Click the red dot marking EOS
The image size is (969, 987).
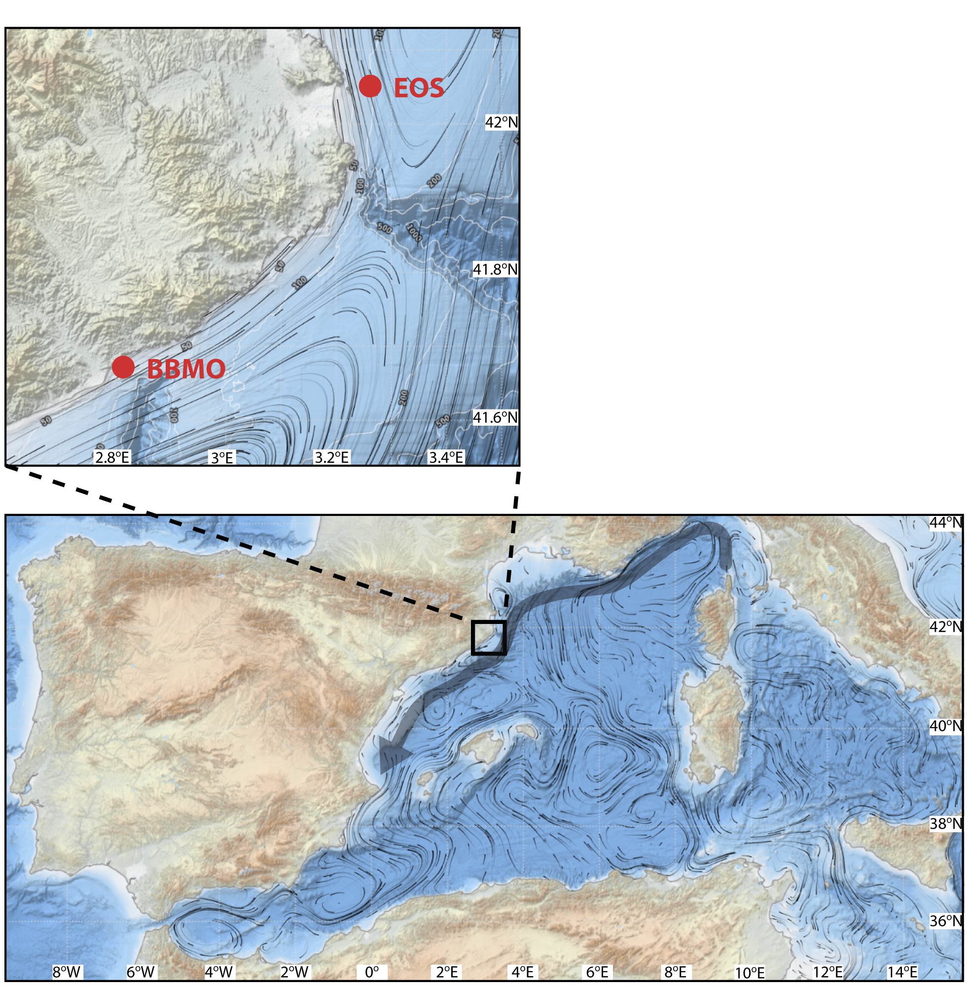(x=370, y=86)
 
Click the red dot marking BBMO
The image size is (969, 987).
(x=123, y=366)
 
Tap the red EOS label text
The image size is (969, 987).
(x=419, y=88)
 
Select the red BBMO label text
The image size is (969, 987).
(x=186, y=369)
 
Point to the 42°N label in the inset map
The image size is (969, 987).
(x=502, y=122)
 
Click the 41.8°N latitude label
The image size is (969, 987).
(x=495, y=269)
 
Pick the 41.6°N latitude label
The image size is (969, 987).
(x=495, y=417)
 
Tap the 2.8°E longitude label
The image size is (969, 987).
(x=112, y=457)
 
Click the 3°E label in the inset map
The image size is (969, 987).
(x=222, y=458)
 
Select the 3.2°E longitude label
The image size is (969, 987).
(x=332, y=457)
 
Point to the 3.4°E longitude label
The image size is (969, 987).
(x=446, y=457)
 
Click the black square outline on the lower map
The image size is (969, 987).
(x=489, y=637)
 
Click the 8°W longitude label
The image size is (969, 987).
(x=67, y=972)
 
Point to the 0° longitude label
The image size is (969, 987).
(x=371, y=972)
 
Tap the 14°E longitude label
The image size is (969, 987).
(x=903, y=972)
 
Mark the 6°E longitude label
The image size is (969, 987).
(x=597, y=972)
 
